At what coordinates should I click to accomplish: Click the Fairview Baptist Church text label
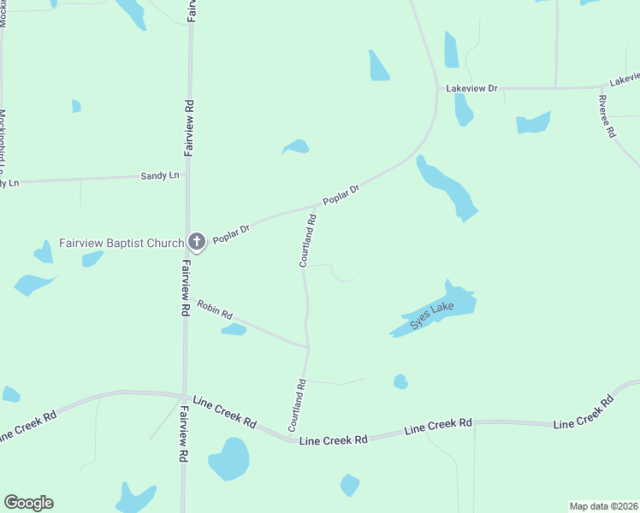121,243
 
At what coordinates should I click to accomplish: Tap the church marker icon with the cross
197,242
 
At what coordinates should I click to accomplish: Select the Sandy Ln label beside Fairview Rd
160,175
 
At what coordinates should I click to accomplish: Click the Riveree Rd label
607,117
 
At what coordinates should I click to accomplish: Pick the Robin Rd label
215,310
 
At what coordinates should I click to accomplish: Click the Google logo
28,503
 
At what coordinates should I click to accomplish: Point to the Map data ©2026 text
604,505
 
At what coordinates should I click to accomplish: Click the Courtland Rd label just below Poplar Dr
309,240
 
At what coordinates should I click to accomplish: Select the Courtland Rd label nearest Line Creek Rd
297,404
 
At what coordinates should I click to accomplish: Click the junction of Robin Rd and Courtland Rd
307,347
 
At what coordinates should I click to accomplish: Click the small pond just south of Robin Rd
234,329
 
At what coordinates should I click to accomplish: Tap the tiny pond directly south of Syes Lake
400,381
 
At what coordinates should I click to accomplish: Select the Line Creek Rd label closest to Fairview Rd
225,412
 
